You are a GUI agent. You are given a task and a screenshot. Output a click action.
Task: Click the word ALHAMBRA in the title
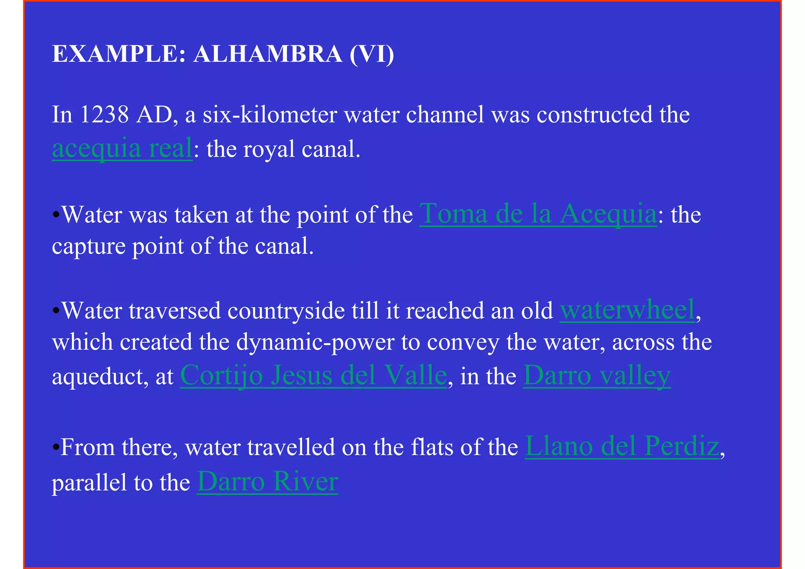click(268, 54)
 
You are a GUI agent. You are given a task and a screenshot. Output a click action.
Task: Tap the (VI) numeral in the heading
click(371, 54)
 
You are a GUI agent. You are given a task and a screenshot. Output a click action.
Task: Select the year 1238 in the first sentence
click(104, 115)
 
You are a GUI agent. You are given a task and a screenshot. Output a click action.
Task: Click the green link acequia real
click(122, 149)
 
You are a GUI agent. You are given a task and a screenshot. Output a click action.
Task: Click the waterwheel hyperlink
click(627, 310)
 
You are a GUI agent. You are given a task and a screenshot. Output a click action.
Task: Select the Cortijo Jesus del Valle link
click(313, 376)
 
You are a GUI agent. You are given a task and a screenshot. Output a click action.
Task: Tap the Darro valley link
click(596, 376)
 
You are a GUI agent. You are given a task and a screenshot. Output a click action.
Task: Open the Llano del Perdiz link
click(622, 447)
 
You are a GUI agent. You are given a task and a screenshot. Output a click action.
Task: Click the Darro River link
click(267, 482)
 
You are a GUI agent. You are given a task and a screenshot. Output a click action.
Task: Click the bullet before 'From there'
click(56, 447)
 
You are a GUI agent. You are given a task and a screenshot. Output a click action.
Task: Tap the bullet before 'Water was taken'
click(56, 215)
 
